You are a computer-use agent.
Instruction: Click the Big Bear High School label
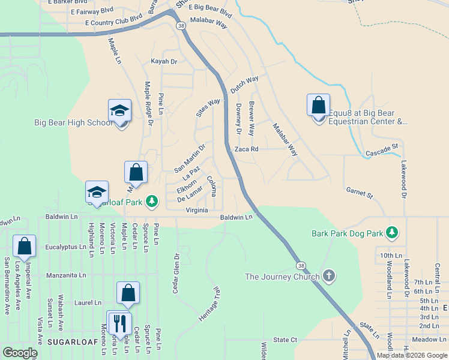73,123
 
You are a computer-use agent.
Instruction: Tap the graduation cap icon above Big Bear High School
120,110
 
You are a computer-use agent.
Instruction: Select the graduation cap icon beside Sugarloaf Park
97,193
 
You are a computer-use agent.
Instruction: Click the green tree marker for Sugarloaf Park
153,200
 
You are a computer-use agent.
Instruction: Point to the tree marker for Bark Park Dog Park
393,232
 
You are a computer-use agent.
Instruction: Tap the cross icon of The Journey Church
328,276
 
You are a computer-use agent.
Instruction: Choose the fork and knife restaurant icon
119,322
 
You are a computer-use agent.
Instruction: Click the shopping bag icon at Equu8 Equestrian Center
318,106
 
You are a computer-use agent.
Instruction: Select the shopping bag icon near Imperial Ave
24,246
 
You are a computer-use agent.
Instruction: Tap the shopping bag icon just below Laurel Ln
128,293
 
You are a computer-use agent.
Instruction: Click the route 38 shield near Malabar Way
180,25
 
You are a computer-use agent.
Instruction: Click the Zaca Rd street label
246,149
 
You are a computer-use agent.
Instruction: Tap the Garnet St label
360,193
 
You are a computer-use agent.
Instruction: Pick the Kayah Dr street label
164,62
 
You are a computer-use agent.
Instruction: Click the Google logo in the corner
20,353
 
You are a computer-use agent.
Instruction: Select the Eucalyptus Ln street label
62,247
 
